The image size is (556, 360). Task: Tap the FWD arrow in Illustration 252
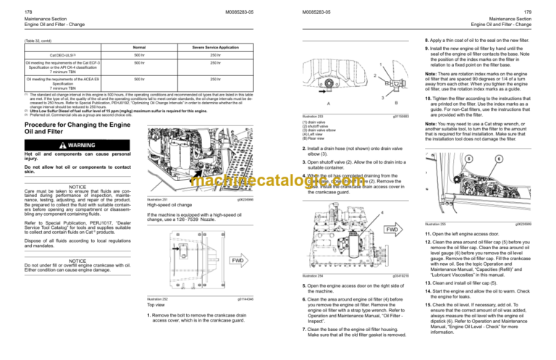[x=236, y=260]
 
